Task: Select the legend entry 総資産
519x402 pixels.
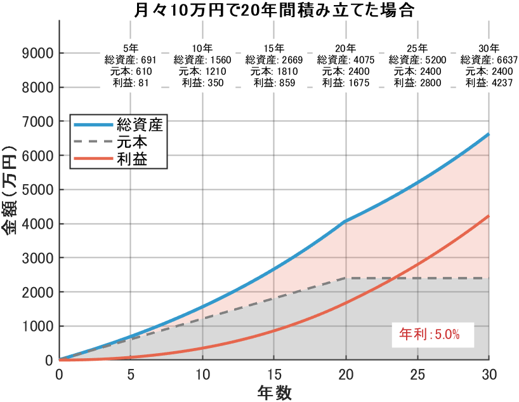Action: (x=140, y=124)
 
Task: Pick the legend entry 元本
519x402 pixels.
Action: (x=132, y=142)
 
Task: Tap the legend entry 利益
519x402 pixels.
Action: (x=132, y=159)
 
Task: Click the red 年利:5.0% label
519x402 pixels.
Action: (x=429, y=334)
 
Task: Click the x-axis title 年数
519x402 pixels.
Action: (x=275, y=391)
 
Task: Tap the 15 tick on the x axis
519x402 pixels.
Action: (x=274, y=373)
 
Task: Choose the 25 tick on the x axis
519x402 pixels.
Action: (x=417, y=373)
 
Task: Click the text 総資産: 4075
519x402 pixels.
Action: (x=346, y=60)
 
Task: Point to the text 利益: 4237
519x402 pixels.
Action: (x=489, y=83)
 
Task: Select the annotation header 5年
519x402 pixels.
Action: (x=131, y=48)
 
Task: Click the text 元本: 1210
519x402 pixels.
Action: (x=202, y=71)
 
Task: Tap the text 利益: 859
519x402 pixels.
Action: (x=274, y=83)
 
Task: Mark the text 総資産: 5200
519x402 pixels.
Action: (x=417, y=60)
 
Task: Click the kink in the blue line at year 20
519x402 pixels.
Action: (x=345, y=222)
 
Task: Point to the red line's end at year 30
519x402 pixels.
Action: (x=489, y=216)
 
